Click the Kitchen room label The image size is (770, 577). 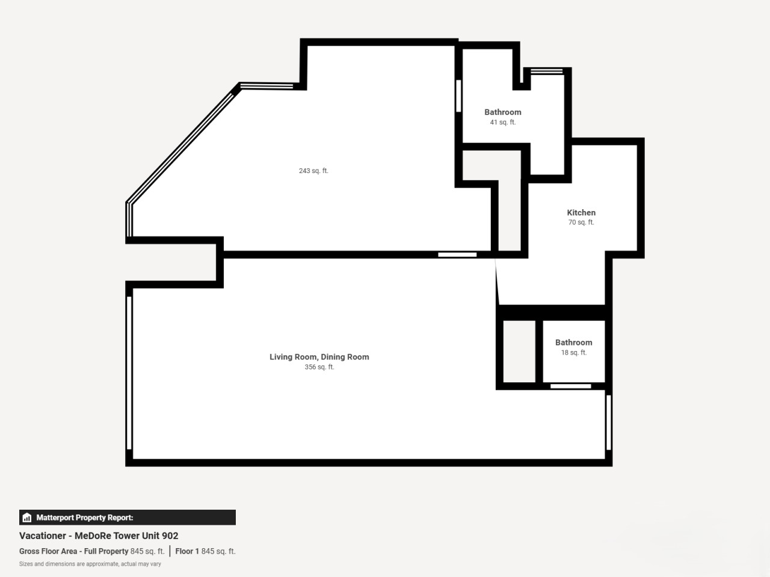[581, 212]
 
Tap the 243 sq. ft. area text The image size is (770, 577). [313, 171]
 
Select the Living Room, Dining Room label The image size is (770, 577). [319, 356]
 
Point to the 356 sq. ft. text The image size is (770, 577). [319, 367]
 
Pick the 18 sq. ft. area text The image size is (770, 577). [573, 352]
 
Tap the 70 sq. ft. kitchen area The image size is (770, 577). [581, 222]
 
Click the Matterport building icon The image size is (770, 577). [27, 517]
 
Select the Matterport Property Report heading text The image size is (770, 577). [85, 517]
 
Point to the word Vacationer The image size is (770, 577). [43, 536]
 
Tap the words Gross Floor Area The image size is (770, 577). [48, 551]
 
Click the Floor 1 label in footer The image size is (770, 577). [187, 551]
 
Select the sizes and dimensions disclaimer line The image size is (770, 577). [90, 564]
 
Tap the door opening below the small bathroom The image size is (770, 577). [571, 386]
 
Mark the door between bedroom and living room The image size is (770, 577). [457, 255]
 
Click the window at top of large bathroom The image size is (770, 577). [547, 72]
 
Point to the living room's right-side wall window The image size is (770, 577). [609, 422]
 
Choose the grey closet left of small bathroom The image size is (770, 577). [519, 352]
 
